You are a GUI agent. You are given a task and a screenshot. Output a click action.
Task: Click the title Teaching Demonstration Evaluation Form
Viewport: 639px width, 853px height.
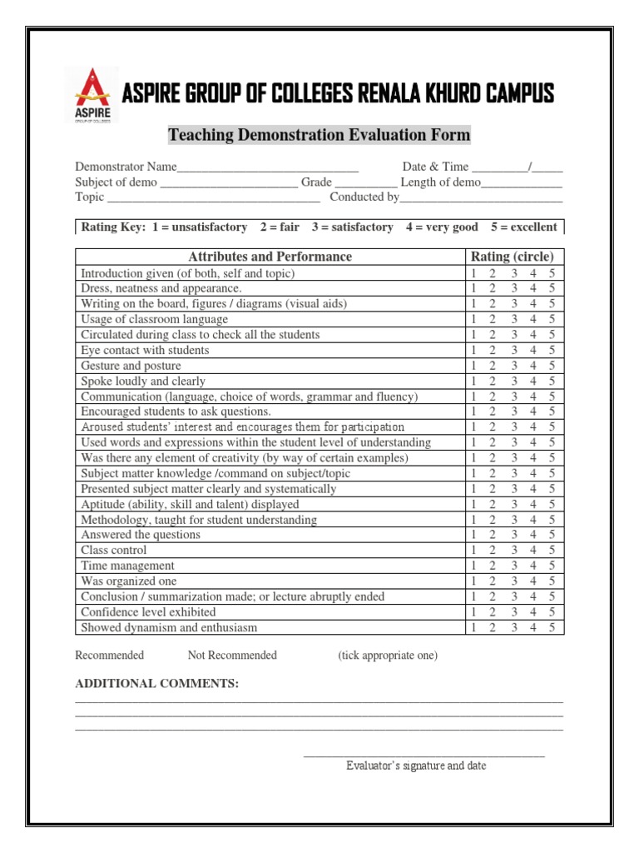pos(319,135)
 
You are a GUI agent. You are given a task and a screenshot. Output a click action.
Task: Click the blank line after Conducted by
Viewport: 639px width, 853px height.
pos(481,198)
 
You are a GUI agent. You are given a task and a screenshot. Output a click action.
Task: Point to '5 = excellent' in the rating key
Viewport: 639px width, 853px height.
pos(523,227)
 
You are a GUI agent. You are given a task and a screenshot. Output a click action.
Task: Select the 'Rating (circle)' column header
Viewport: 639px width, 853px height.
pos(512,257)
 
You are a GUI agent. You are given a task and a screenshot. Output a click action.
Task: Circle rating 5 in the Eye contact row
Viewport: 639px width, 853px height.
pos(552,351)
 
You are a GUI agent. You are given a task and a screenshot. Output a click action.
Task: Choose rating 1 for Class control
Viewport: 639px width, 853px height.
pos(473,551)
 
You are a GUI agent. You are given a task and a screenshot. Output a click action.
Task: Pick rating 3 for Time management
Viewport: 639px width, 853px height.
pos(514,566)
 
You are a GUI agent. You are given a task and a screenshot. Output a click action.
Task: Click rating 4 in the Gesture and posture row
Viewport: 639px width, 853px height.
pos(533,366)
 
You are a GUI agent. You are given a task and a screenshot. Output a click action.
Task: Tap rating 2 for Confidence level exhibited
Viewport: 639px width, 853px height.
pos(493,612)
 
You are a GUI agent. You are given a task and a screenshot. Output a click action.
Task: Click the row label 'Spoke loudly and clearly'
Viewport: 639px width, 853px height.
pos(143,382)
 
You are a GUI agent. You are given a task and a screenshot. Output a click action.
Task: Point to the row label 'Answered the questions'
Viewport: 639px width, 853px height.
pos(141,535)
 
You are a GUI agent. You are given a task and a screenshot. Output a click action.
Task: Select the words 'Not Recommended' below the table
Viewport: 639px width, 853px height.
pos(232,656)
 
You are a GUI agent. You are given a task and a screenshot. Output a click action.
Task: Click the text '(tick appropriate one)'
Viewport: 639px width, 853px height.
pos(387,656)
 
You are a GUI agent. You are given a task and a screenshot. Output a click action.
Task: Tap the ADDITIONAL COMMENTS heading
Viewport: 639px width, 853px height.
pos(157,684)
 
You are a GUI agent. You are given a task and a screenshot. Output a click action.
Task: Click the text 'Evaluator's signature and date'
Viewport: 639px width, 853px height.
pos(416,766)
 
